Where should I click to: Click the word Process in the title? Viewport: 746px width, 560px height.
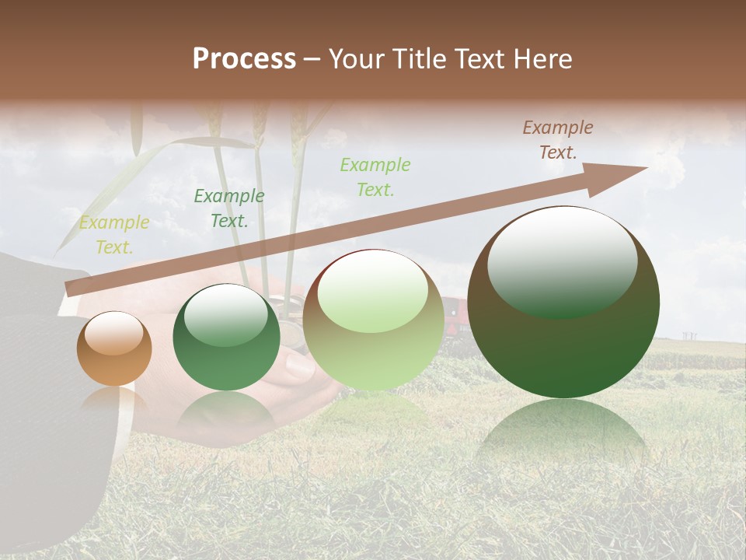tap(244, 59)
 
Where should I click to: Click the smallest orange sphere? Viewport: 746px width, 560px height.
tap(114, 349)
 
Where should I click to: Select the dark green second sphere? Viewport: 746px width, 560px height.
tap(226, 338)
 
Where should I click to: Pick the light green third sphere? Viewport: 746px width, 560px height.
tap(373, 320)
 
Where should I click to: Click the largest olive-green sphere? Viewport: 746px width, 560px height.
tap(563, 303)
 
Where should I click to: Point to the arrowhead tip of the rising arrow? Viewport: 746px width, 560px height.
tap(646, 168)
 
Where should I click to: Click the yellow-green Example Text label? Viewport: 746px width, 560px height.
tap(114, 235)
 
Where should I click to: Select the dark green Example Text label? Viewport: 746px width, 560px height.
tap(228, 208)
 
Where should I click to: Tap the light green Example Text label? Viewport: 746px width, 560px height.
tap(375, 177)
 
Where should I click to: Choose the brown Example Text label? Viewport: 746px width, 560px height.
tap(558, 140)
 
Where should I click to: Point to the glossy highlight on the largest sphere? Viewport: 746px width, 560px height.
tap(562, 260)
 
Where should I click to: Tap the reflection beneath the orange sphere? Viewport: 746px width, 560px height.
tap(114, 401)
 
